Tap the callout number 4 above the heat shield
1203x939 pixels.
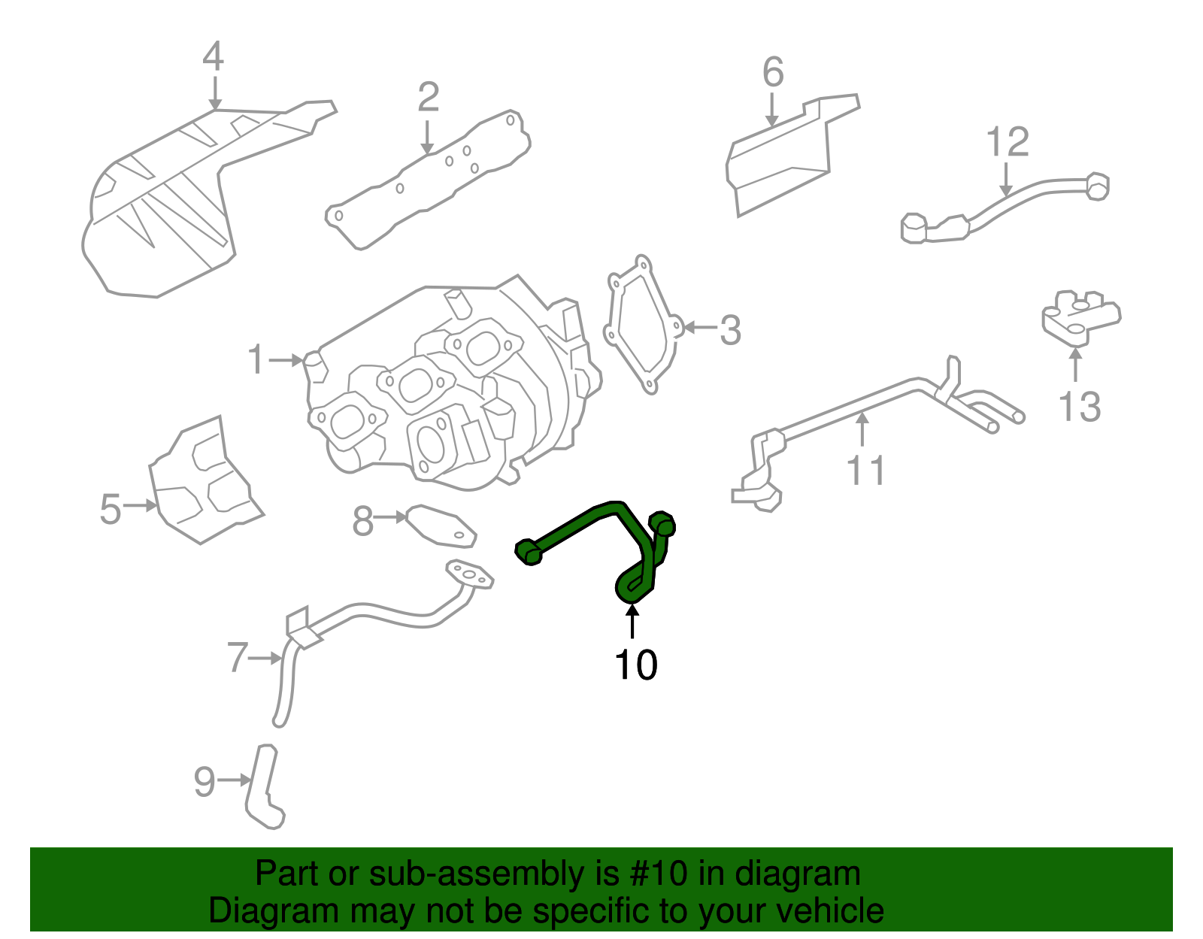[x=214, y=57]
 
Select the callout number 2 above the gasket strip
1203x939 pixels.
[x=428, y=98]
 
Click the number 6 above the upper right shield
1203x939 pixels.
[x=773, y=72]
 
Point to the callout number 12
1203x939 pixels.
[x=1007, y=142]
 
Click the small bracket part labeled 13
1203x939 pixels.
[x=1080, y=317]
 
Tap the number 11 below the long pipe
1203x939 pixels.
[x=866, y=471]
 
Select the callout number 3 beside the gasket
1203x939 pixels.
[x=730, y=331]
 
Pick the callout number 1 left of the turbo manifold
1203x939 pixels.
[x=256, y=359]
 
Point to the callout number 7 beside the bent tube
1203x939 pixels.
[x=238, y=658]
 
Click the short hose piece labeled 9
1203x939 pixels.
[x=262, y=786]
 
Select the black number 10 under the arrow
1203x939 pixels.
[x=635, y=665]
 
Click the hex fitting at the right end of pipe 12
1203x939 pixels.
[x=1098, y=186]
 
